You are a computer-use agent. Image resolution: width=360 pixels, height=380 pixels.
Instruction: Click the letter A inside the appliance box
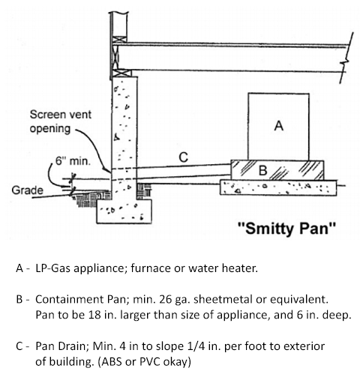(279, 127)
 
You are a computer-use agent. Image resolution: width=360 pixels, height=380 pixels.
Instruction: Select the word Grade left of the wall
(26, 190)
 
